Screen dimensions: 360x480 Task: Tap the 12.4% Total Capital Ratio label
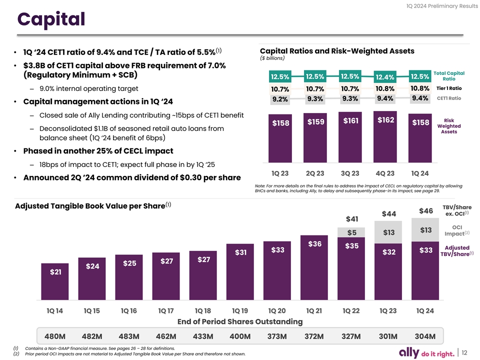384,76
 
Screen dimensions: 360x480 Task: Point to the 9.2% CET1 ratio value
279,99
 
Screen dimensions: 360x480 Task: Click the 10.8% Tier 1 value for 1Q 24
419,88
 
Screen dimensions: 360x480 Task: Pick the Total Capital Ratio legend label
452,76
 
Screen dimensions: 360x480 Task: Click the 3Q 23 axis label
349,173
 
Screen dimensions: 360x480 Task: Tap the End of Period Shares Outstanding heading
240,321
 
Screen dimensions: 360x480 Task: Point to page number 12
465,352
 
